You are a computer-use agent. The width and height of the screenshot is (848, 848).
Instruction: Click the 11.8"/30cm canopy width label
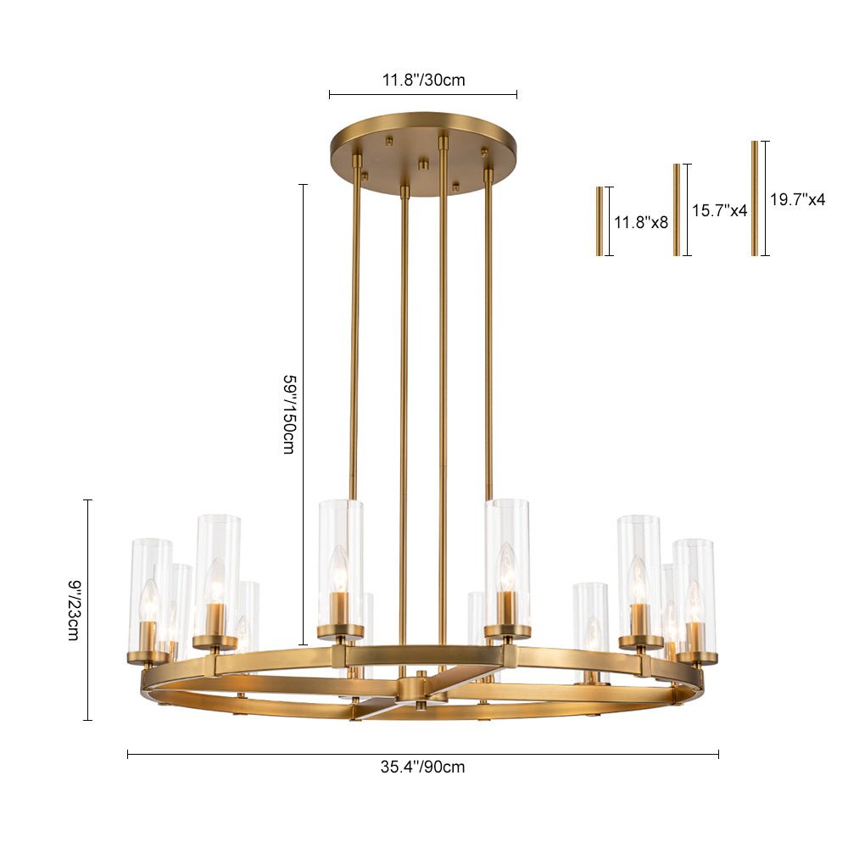423,80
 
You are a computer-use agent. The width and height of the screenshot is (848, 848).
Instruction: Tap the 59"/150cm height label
289,414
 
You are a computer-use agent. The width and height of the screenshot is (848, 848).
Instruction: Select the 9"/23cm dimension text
74,610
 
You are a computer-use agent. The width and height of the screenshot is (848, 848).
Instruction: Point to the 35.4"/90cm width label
422,767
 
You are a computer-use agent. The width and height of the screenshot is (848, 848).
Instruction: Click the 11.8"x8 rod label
641,221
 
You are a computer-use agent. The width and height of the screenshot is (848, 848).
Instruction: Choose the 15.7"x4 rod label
719,210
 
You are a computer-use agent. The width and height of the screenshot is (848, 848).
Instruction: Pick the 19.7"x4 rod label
798,199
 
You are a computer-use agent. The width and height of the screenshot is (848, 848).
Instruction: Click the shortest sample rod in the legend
600,221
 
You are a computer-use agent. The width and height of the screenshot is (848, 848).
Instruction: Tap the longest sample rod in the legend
755,198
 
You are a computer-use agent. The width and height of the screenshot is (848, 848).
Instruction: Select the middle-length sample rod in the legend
677,209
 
